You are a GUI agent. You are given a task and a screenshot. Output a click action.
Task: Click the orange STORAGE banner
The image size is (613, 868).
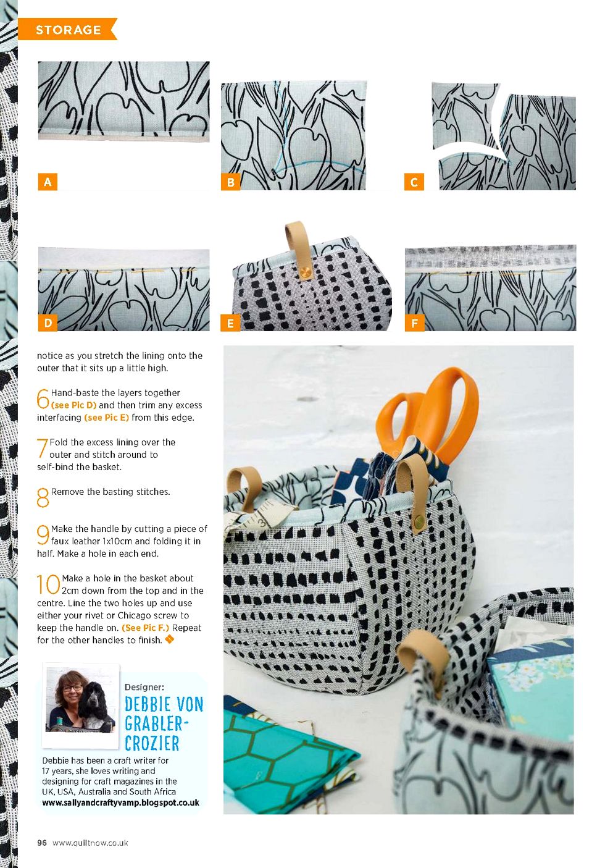click(x=67, y=29)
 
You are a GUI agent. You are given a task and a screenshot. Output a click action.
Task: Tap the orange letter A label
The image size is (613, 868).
click(x=48, y=182)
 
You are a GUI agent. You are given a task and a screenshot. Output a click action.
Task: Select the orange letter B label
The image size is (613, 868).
click(x=230, y=182)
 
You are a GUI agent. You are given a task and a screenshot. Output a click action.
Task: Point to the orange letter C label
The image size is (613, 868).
click(x=414, y=182)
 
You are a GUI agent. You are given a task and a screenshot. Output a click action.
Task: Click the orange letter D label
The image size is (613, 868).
click(x=48, y=322)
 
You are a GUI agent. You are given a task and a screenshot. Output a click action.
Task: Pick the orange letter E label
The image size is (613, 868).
click(x=230, y=322)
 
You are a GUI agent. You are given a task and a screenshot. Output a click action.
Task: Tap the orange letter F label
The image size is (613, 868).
click(x=414, y=322)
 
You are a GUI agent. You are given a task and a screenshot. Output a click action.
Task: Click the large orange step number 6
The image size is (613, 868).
click(x=43, y=398)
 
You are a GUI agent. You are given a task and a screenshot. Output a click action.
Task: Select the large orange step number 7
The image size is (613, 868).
click(x=42, y=449)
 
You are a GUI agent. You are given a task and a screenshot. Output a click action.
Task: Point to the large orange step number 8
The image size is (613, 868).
click(x=43, y=498)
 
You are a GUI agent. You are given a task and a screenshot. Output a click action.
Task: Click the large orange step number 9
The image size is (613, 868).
click(x=43, y=535)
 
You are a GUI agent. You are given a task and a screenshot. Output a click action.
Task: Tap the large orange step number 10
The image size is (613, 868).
click(x=48, y=584)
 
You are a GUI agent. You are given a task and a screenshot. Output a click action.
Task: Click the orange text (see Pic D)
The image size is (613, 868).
click(x=73, y=405)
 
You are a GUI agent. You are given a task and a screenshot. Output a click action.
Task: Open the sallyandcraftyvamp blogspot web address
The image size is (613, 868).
click(x=120, y=803)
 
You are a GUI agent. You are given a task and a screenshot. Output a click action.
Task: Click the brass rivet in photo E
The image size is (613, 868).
click(x=304, y=273)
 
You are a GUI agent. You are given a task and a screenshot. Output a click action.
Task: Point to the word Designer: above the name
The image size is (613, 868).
click(x=144, y=687)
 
